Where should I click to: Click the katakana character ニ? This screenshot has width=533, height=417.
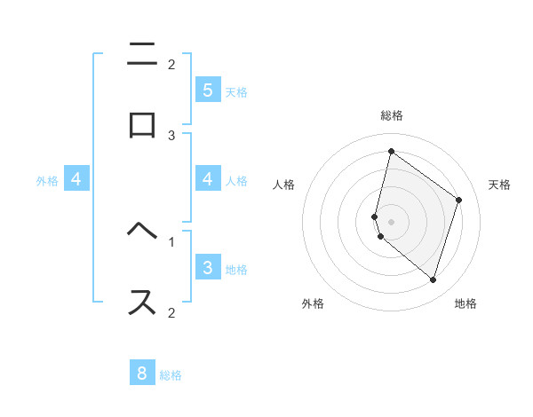click(142, 55)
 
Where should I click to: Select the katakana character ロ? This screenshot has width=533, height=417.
click(142, 125)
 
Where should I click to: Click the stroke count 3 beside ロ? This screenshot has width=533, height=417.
click(171, 135)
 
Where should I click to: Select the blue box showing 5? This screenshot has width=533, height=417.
click(207, 90)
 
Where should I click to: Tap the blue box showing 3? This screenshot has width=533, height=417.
click(207, 268)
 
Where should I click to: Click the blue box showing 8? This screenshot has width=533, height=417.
click(142, 374)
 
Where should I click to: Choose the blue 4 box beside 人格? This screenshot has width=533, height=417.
click(207, 179)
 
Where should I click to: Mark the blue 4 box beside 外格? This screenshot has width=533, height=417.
click(76, 179)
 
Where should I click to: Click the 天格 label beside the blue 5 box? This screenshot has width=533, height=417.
click(236, 91)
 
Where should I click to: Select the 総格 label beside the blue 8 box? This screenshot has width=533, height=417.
click(171, 375)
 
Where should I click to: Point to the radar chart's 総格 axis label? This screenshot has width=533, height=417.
click(392, 116)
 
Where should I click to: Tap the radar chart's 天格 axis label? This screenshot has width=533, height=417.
click(499, 185)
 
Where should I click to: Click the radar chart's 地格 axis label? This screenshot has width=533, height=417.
click(465, 303)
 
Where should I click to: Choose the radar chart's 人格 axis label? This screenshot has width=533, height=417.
click(284, 185)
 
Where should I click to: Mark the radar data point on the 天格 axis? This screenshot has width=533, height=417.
click(459, 201)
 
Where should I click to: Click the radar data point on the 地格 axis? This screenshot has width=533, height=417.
click(433, 279)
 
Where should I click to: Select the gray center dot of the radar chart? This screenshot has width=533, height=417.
click(392, 221)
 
